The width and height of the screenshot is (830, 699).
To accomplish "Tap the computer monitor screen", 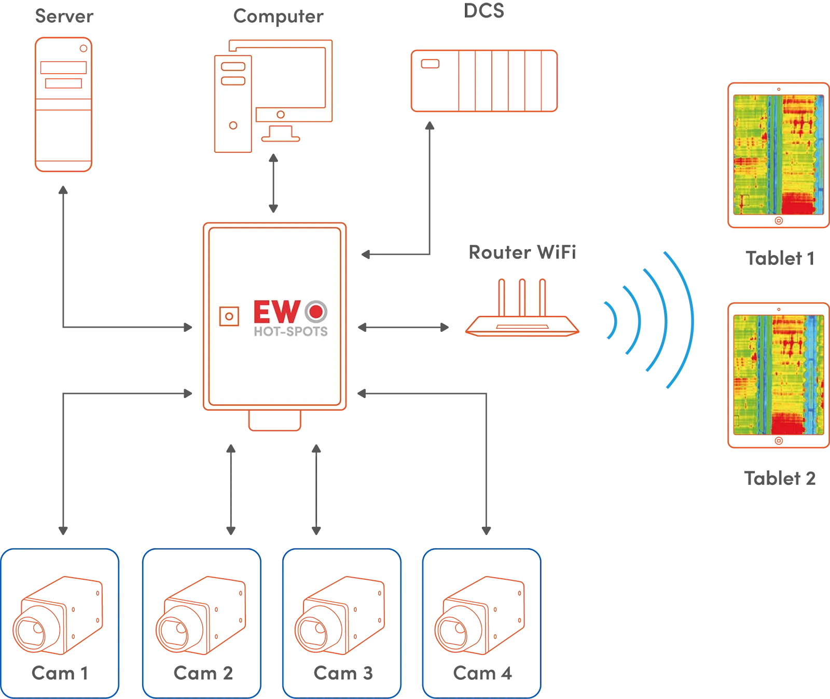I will pyautogui.click(x=290, y=78).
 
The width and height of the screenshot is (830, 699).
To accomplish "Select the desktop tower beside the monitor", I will pyautogui.click(x=232, y=104).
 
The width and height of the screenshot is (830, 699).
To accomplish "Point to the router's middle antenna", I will pyautogui.click(x=522, y=298).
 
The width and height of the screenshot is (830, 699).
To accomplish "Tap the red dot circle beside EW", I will pyautogui.click(x=316, y=312).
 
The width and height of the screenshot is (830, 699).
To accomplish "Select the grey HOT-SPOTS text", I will pyautogui.click(x=290, y=331).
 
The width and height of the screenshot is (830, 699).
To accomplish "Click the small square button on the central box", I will pyautogui.click(x=229, y=316).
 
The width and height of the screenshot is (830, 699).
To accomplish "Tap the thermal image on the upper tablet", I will pyautogui.click(x=778, y=155).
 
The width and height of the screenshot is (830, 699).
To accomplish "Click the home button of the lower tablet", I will pyautogui.click(x=778, y=441).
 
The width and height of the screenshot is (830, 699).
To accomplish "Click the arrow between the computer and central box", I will pyautogui.click(x=273, y=184).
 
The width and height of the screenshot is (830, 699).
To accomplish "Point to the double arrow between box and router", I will pyautogui.click(x=405, y=328).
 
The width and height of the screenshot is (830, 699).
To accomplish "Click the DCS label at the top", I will pyautogui.click(x=485, y=11).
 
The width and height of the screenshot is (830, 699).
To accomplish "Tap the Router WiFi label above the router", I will pyautogui.click(x=522, y=254).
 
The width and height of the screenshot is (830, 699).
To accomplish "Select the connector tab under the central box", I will pyautogui.click(x=274, y=421).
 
